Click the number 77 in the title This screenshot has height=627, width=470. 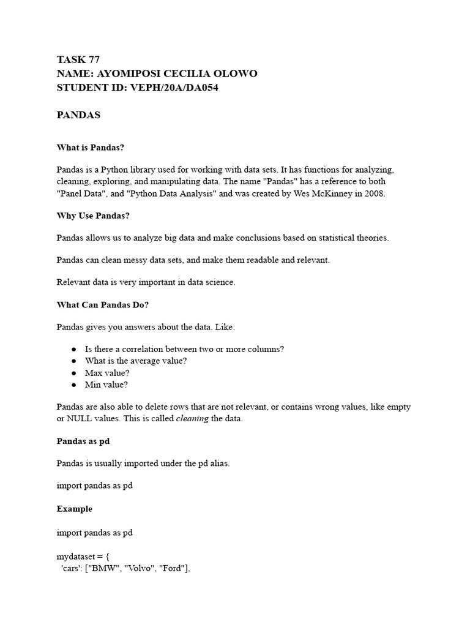click(94, 59)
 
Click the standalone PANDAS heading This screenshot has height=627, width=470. click(78, 115)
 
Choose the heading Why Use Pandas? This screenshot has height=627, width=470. click(93, 216)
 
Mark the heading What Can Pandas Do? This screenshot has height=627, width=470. click(103, 304)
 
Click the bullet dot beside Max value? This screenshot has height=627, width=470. click(73, 373)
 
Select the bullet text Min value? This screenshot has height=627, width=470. click(106, 385)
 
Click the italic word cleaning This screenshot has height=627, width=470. click(192, 419)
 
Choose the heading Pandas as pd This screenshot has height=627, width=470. click(83, 441)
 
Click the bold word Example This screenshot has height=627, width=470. click(75, 509)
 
